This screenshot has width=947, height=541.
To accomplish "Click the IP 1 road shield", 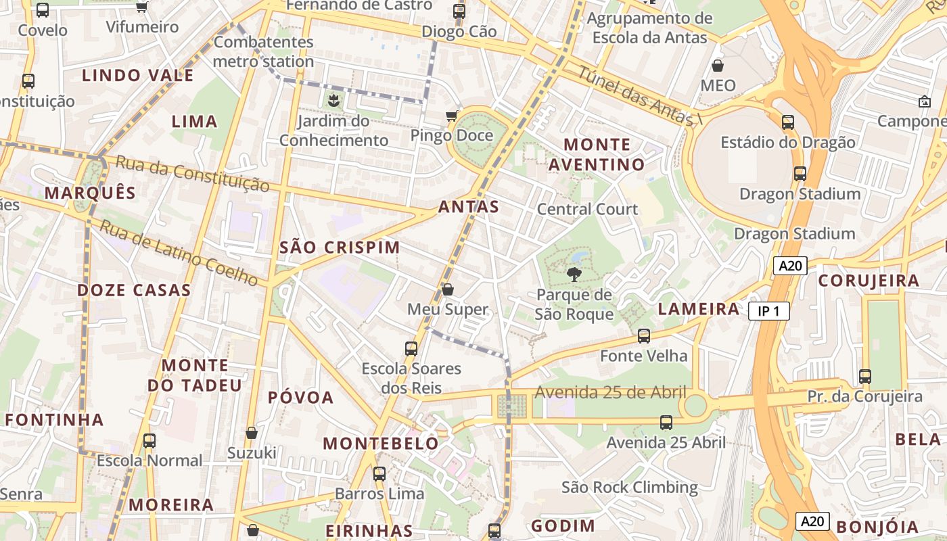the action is [768, 311].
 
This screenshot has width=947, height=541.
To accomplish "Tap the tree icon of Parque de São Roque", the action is [574, 275].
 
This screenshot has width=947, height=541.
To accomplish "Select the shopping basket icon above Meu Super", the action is [447, 290].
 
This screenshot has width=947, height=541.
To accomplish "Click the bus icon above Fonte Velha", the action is [644, 335].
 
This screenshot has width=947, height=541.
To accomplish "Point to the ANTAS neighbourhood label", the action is [469, 207].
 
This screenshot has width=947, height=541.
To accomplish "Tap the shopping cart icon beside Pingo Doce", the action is [451, 116].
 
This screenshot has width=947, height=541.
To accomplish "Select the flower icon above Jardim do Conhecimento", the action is [333, 101].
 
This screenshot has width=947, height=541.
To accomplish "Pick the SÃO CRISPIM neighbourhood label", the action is [340, 248].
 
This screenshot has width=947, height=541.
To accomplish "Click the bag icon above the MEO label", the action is [717, 66].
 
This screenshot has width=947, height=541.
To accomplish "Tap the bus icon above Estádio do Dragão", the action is [787, 122].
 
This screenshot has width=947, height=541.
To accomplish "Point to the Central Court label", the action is [586, 209].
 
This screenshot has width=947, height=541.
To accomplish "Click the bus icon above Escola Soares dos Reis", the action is [411, 349].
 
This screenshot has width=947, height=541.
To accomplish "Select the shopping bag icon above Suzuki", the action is [252, 433].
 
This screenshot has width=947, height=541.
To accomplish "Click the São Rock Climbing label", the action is [629, 487].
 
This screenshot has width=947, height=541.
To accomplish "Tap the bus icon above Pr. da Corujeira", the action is [864, 376].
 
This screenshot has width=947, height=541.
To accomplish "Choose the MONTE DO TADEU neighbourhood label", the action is [194, 375].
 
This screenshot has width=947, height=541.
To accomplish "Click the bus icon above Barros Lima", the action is [379, 473].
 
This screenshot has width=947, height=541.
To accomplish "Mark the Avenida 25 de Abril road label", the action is [610, 392].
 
